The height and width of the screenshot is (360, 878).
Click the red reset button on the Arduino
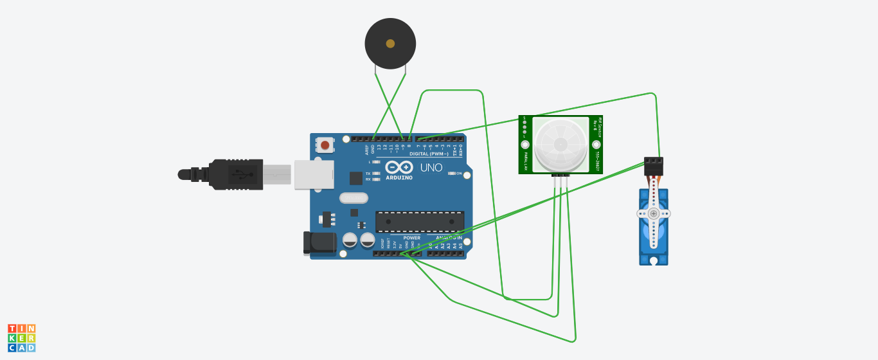tap(325, 145)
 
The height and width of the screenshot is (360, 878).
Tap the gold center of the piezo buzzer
tap(390, 44)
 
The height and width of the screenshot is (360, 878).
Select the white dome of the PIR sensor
tap(560, 144)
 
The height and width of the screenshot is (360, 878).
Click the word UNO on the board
tap(431, 168)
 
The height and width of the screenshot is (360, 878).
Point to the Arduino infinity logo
tap(399, 167)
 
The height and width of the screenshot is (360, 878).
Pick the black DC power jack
tap(319, 242)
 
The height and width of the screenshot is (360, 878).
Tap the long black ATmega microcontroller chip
tap(419, 221)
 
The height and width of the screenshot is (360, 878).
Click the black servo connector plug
tap(653, 164)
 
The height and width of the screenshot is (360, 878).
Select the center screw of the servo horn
tap(653, 213)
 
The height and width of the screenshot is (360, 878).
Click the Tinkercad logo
tap(22, 338)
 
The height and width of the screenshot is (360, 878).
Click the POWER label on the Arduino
tap(412, 237)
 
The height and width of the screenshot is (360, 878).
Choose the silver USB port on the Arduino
tap(314, 174)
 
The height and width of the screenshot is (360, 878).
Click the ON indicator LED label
tap(459, 173)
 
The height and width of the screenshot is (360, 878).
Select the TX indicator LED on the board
tap(376, 174)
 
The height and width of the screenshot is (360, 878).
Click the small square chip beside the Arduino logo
tap(355, 178)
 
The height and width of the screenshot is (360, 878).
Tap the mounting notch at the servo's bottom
tap(654, 261)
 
